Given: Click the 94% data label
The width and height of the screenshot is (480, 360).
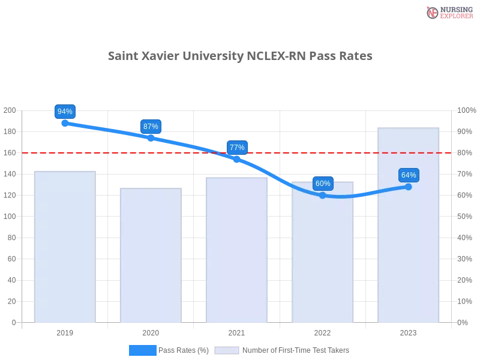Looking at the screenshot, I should click(64, 112).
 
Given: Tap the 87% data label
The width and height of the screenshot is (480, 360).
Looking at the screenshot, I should click(151, 127).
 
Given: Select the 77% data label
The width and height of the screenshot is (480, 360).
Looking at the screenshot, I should click(237, 148).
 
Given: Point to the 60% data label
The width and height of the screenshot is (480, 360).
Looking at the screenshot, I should click(322, 184).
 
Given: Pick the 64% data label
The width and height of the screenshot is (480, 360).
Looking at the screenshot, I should click(409, 175).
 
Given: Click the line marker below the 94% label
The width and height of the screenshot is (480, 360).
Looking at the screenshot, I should click(64, 123).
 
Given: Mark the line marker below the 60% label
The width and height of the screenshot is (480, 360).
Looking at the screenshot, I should click(322, 195).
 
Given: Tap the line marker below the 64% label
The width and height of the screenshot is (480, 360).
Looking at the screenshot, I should click(409, 187).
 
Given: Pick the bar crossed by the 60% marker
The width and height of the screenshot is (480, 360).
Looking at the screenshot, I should click(322, 258).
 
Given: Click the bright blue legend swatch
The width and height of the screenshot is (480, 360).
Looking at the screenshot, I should click(142, 350).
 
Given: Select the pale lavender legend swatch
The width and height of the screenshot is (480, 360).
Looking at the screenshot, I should click(227, 350).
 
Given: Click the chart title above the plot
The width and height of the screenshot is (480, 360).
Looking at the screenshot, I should click(240, 56).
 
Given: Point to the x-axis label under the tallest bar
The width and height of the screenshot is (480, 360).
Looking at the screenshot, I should click(408, 331).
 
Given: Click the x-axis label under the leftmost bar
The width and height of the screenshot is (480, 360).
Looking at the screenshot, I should click(64, 331).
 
